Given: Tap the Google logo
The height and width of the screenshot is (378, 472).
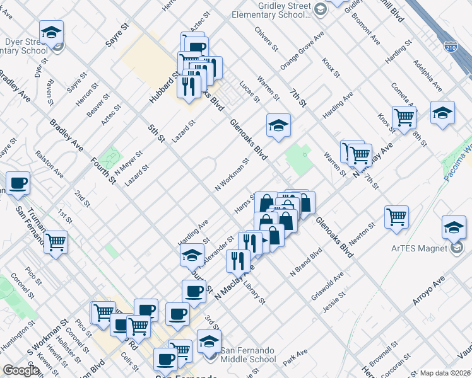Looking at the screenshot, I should point(21,370).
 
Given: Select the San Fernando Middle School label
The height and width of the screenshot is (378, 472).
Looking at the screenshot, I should point(248,355).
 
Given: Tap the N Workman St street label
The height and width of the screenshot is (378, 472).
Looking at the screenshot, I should point(232,175).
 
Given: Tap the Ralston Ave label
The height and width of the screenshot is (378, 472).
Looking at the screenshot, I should point(49,163).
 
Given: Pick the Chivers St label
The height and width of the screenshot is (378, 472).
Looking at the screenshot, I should point(266,38).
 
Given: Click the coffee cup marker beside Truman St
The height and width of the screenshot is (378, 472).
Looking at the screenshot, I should point(18,183).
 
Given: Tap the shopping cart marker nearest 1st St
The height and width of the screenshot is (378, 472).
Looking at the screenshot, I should point(56,241).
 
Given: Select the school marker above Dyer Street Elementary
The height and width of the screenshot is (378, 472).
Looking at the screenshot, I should point(52,31).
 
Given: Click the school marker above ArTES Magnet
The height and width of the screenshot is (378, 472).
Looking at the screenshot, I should point(454,226).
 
